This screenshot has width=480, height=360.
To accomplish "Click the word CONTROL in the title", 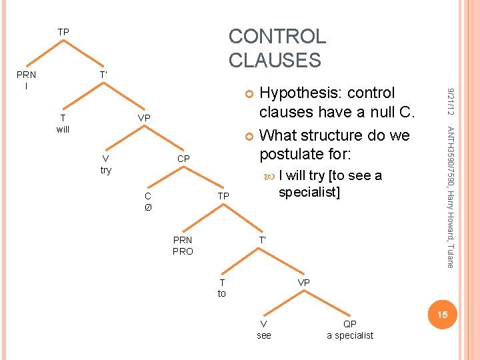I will [277, 36].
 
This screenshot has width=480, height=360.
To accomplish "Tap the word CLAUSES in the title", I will [275, 60].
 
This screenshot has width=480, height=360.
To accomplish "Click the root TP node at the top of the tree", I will [63, 32].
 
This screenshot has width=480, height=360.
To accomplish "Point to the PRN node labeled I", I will [27, 80].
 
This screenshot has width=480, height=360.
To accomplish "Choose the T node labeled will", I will [63, 124].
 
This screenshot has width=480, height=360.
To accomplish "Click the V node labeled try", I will [105, 164].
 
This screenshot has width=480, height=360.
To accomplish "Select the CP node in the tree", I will [183, 159].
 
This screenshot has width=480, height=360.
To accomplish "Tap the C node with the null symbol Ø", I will [148, 201].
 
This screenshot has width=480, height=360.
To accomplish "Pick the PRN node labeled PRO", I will [182, 245].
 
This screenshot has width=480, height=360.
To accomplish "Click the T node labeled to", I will [222, 288].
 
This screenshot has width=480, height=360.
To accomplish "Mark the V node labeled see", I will [264, 329].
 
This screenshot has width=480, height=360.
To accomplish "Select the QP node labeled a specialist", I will [350, 329].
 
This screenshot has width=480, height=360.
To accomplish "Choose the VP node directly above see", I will [303, 283].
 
